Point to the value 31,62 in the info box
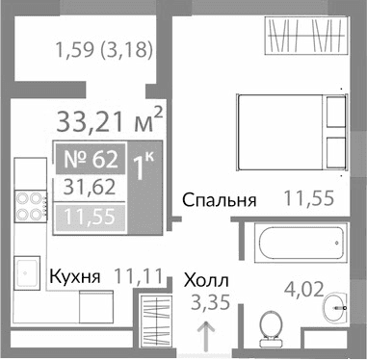coord(88,185)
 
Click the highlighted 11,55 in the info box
coord(88,217)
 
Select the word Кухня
coord(74,277)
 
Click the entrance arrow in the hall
coord(205,338)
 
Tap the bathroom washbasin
coord(336,305)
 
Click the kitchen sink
coord(28,271)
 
